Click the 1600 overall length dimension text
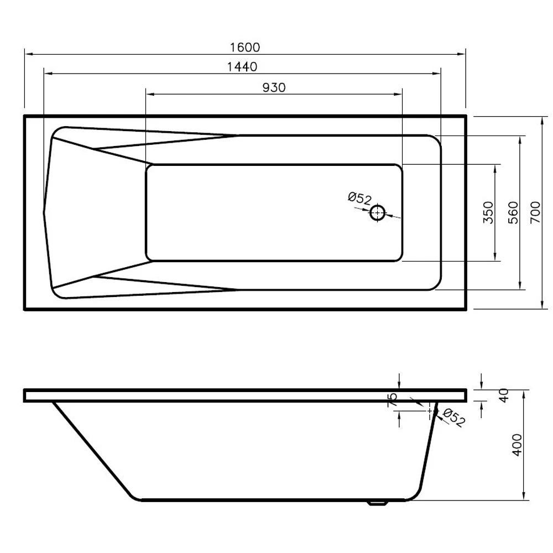244,48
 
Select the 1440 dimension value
242,67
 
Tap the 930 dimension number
273,87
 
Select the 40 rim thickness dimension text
503,395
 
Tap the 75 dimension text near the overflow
393,400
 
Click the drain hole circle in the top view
378,213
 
